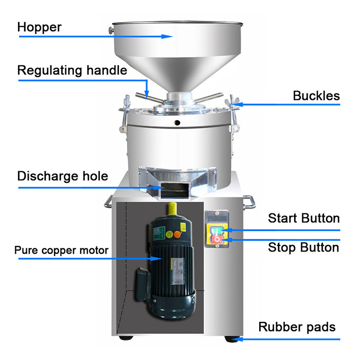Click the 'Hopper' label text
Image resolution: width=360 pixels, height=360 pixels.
[x=39, y=28]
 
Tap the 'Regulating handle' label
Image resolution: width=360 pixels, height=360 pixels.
[x=72, y=70]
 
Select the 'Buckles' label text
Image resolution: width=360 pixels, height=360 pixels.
[x=316, y=96]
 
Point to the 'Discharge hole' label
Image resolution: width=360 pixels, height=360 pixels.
[x=63, y=176]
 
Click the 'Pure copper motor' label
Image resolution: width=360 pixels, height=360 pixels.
[x=61, y=250]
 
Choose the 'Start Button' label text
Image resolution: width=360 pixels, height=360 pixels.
[x=304, y=218]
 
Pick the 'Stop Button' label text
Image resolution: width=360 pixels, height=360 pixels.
[x=303, y=247]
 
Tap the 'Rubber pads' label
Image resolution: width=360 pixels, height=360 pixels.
[x=297, y=327]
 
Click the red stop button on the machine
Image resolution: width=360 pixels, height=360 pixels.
[x=217, y=239]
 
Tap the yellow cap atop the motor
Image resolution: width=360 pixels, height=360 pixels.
[x=172, y=209]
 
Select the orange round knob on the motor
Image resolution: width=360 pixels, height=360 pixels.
[x=177, y=235]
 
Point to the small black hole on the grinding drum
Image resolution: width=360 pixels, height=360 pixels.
[x=177, y=122]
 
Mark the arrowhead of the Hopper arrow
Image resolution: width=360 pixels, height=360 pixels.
[x=167, y=37]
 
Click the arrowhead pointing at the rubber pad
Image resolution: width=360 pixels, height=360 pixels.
[x=237, y=339]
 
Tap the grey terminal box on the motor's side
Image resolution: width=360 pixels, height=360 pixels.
[x=142, y=284]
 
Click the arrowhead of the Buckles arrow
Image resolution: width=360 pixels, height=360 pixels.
[x=237, y=104]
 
